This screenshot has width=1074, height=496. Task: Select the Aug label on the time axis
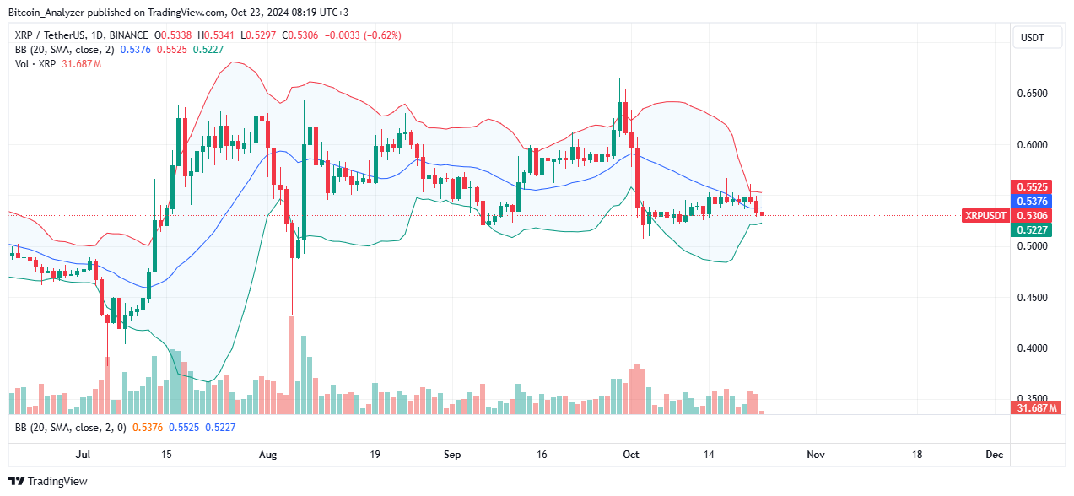[x=267, y=455]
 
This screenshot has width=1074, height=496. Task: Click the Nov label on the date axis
[x=815, y=455]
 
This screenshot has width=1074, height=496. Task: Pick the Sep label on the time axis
[x=452, y=455]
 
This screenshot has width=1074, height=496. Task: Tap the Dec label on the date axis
[x=995, y=455]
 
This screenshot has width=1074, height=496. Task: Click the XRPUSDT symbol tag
[x=985, y=215]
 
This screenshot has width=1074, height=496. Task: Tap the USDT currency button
[x=1032, y=38]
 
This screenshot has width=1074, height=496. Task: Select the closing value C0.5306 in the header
[x=301, y=35]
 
